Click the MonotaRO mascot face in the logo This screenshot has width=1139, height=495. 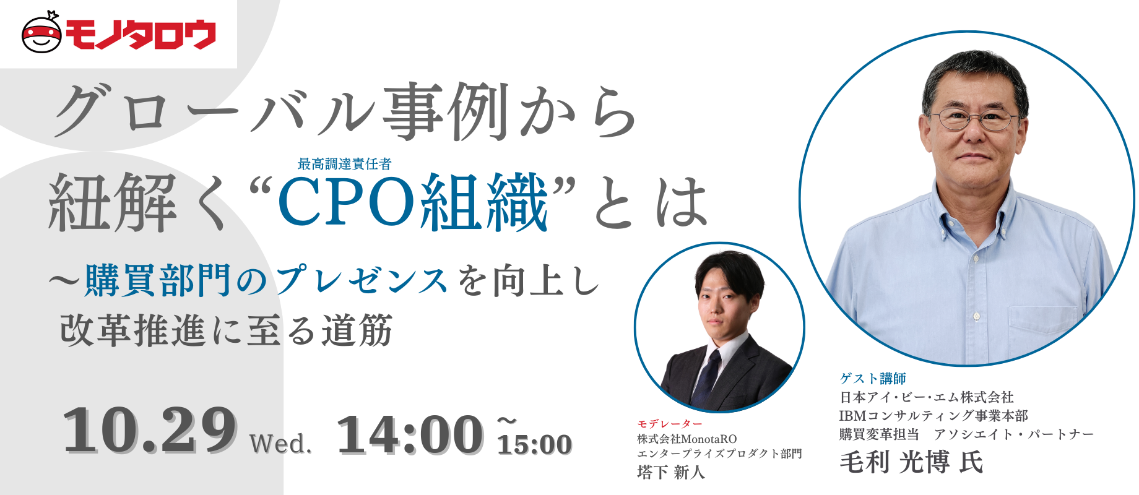tap(41, 34)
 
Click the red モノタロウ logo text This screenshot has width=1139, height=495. tap(141, 35)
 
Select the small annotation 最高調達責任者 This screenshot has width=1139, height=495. tap(344, 164)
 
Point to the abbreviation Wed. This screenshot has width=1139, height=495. tap(280, 444)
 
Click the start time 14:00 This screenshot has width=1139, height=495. tap(410, 435)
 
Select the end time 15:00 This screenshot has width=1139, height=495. tap(534, 444)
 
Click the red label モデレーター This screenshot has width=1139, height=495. tap(670, 424)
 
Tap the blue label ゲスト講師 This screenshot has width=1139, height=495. tap(873, 378)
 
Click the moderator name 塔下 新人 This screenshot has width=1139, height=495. tap(671, 472)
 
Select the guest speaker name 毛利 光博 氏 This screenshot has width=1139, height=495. tap(911, 462)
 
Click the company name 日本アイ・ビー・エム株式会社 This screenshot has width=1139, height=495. tap(926, 397)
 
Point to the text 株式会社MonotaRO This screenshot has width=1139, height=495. tap(687, 439)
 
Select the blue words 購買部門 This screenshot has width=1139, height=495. tap(158, 280)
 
